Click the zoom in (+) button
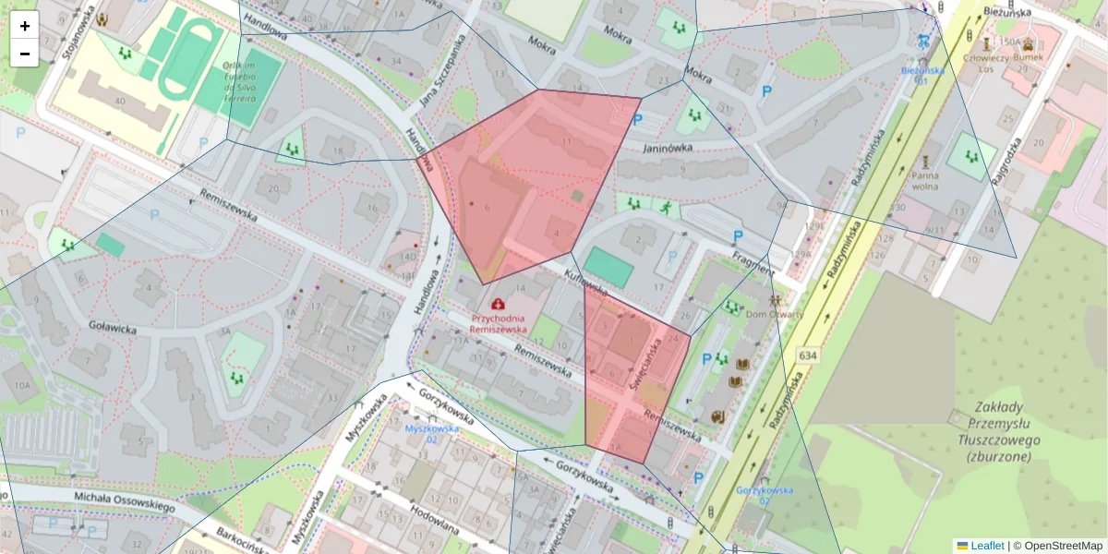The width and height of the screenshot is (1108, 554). point(25,26)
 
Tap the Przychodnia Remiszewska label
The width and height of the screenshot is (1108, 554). point(498,322)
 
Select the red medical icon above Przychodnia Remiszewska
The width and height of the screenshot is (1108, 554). point(499,303)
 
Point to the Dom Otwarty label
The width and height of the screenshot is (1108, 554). point(775,314)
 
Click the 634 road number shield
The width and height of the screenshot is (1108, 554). point(809,355)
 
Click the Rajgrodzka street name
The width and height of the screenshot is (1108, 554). point(1006,163)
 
